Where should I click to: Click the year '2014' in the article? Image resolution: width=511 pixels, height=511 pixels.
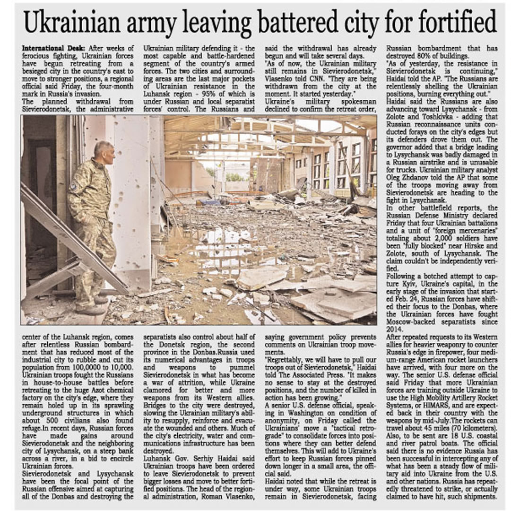coord(396,329)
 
